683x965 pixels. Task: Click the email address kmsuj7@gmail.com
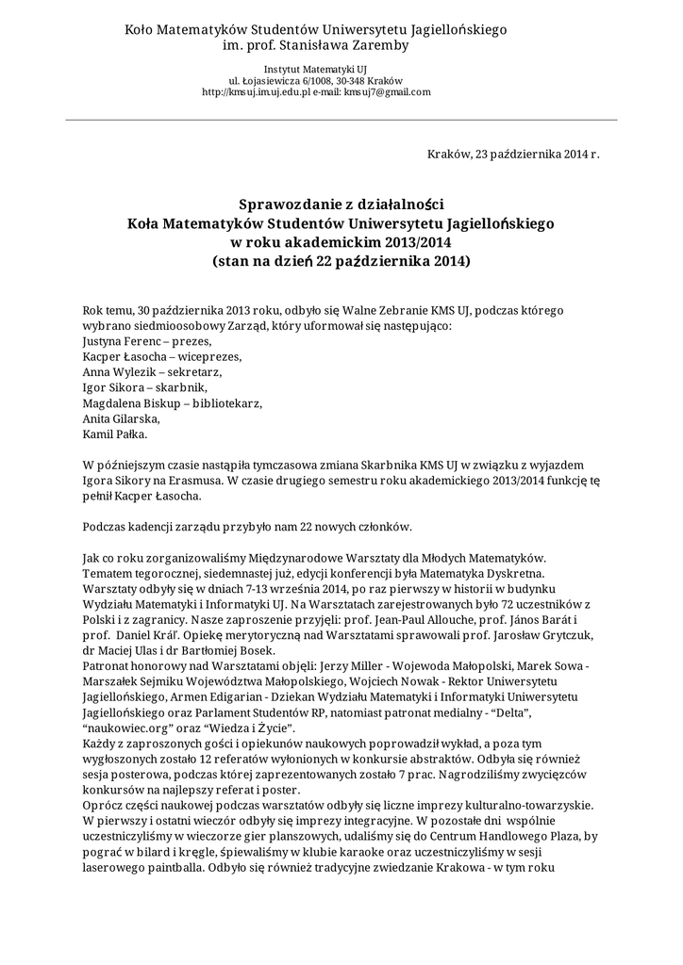point(387,92)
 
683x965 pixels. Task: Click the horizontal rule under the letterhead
point(341,121)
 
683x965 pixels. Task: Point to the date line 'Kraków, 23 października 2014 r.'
point(513,155)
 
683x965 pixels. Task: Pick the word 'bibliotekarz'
point(226,403)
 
